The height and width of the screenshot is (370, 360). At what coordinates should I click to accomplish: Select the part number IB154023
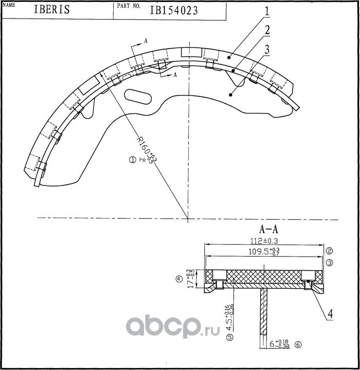click(174, 10)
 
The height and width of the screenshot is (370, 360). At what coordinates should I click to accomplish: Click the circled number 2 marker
click(329, 251)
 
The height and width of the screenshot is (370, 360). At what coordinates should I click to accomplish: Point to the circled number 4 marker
click(179, 279)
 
